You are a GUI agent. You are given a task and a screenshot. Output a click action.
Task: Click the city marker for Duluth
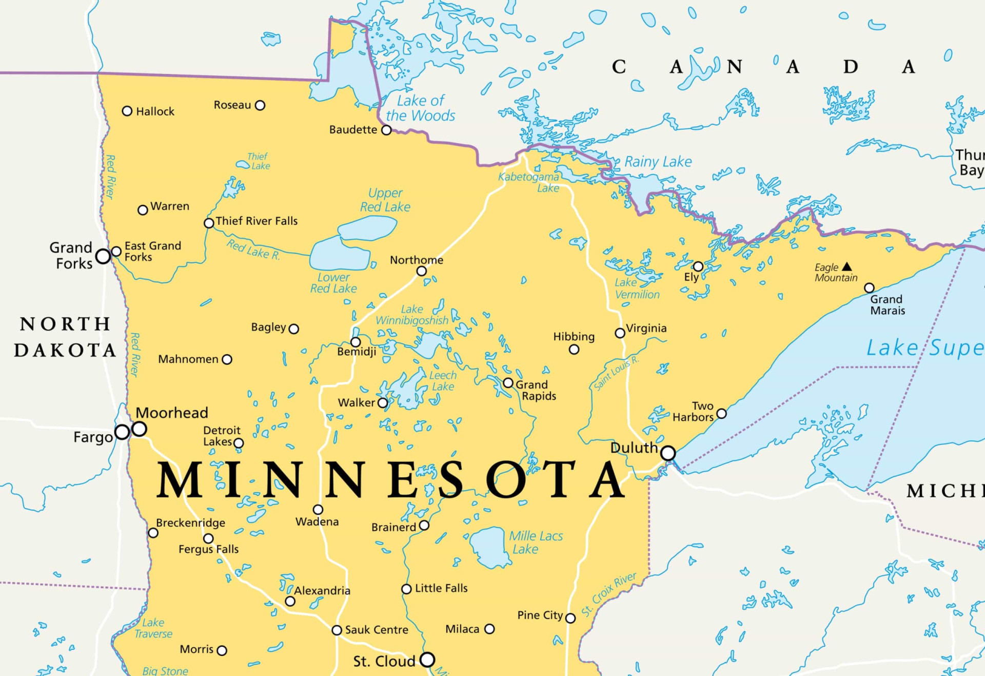coord(668,453)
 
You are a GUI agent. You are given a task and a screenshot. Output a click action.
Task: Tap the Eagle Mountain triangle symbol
coord(847,266)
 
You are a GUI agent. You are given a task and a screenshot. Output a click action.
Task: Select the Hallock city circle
coord(127,111)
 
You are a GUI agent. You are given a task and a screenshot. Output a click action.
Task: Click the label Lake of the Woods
coord(420,108)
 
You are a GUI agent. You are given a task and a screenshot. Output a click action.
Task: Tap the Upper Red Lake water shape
coord(368,228)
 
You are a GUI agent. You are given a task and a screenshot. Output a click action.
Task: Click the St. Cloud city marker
coord(427,660)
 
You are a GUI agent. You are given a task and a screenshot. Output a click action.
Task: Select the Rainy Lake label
coord(658,162)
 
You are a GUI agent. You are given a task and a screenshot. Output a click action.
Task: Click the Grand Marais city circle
coord(869,287)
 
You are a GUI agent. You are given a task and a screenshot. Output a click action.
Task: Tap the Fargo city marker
coord(122,432)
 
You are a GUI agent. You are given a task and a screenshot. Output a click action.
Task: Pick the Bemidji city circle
coord(356,342)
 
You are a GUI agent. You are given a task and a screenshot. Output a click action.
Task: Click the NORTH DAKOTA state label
coord(65,337)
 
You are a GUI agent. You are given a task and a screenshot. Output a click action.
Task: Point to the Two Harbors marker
coord(721,413)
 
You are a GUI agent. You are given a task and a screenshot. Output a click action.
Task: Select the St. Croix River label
coord(609,594)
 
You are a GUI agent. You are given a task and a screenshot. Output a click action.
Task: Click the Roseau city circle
coord(260,105)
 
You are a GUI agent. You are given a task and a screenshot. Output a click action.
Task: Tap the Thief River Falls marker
coord(209,223)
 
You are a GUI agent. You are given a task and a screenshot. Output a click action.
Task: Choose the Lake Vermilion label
coord(637,288)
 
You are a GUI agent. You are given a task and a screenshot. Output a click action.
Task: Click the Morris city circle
coord(222,650)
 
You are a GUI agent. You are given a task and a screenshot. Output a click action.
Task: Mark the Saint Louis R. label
coord(616,373)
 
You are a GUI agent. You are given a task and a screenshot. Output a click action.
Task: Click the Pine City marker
coord(570,618)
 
